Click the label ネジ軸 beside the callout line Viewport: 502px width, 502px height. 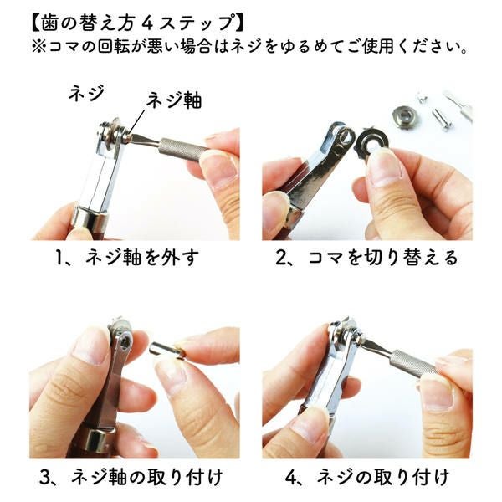click(174, 100)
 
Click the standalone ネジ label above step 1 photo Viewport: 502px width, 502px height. click(86, 93)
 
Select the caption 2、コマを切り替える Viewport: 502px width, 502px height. click(367, 258)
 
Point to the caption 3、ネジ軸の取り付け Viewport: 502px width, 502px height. click(131, 478)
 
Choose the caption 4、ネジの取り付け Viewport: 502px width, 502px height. click(367, 478)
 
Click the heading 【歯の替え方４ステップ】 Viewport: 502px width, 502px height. click(138, 23)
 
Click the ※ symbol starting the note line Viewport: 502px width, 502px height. click(38, 47)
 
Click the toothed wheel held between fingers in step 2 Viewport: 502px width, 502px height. click(374, 143)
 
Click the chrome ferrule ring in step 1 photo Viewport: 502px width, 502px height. click(91, 219)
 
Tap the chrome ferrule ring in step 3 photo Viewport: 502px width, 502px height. click(96, 439)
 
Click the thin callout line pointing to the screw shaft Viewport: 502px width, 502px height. click(136, 120)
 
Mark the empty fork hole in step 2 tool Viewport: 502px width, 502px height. click(346, 137)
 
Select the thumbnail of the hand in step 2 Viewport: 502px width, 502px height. click(385, 169)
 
